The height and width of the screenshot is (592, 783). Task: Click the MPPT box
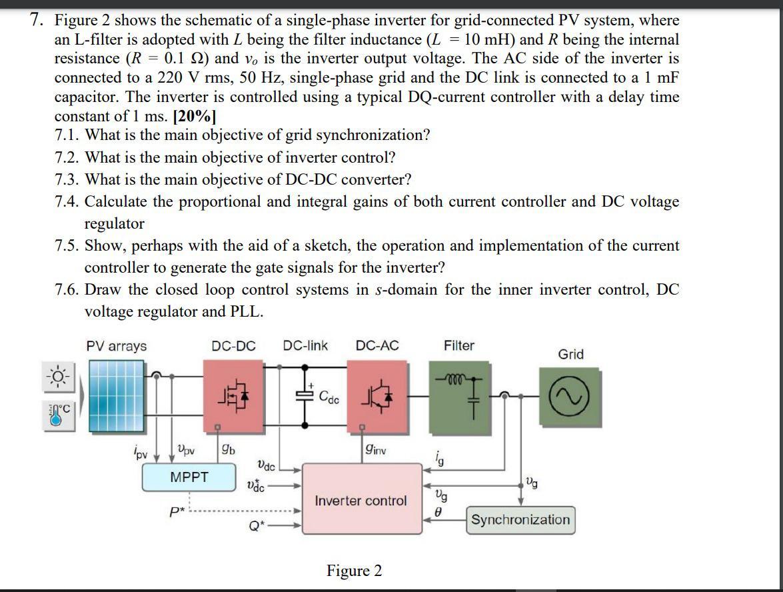tap(189, 477)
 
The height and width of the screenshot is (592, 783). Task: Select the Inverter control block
tap(361, 500)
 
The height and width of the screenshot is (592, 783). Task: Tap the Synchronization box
tap(520, 520)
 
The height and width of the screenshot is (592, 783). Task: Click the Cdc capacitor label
tap(329, 399)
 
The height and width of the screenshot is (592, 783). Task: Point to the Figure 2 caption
tap(354, 571)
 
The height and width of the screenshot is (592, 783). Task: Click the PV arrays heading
tap(116, 346)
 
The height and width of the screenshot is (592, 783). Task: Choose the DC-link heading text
tap(305, 345)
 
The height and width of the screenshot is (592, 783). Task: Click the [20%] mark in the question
tap(194, 116)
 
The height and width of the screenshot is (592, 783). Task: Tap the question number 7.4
tap(68, 201)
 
